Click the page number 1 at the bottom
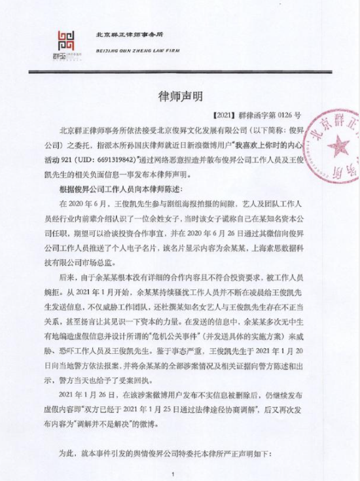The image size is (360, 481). tap(171, 474)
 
